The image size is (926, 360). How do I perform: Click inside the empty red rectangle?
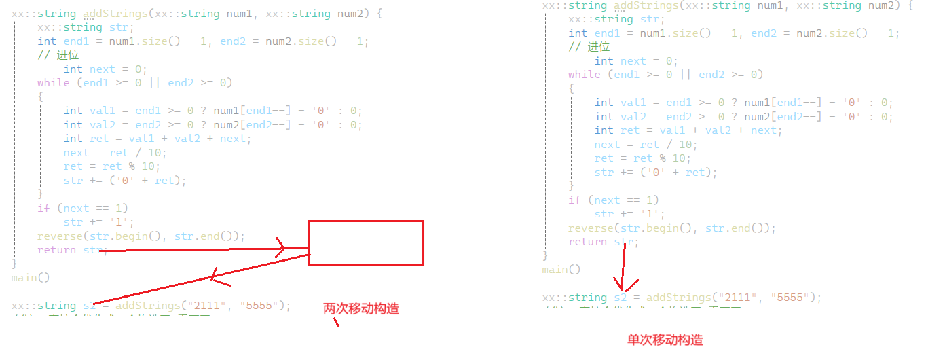366,242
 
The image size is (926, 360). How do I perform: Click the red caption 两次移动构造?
360,309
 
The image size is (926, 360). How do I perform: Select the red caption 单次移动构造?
665,340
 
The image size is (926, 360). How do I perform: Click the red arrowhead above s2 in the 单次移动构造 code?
620,283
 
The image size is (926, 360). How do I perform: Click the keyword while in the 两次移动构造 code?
54,83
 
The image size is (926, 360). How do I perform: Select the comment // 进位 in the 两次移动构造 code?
58,55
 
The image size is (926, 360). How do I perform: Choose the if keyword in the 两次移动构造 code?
43,208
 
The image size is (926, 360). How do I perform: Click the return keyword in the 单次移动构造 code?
588,242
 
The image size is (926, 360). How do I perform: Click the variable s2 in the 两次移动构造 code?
90,306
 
